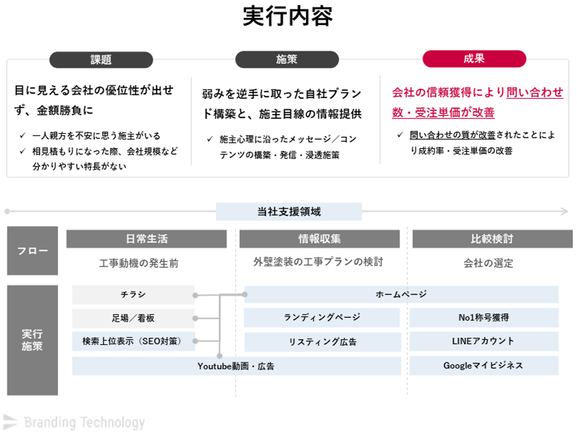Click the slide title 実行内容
coord(288,16)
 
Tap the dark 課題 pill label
coord(101,59)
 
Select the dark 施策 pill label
coord(287,59)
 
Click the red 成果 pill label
coord(475,58)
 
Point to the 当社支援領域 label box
coord(289,212)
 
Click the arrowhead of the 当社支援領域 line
coord(565,212)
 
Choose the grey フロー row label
coord(32,251)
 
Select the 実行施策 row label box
coord(32,340)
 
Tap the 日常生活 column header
coord(147,239)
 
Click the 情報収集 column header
coord(319,239)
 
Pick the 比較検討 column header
coord(492,239)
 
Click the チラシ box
coord(133,294)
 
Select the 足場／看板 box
coord(133,318)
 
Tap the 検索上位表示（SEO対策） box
coord(133,342)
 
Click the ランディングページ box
coord(322,317)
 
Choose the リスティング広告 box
coord(323,342)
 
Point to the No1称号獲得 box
coord(484,317)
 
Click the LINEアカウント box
coord(484,342)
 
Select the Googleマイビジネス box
coord(484,366)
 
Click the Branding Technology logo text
coord(85,423)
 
